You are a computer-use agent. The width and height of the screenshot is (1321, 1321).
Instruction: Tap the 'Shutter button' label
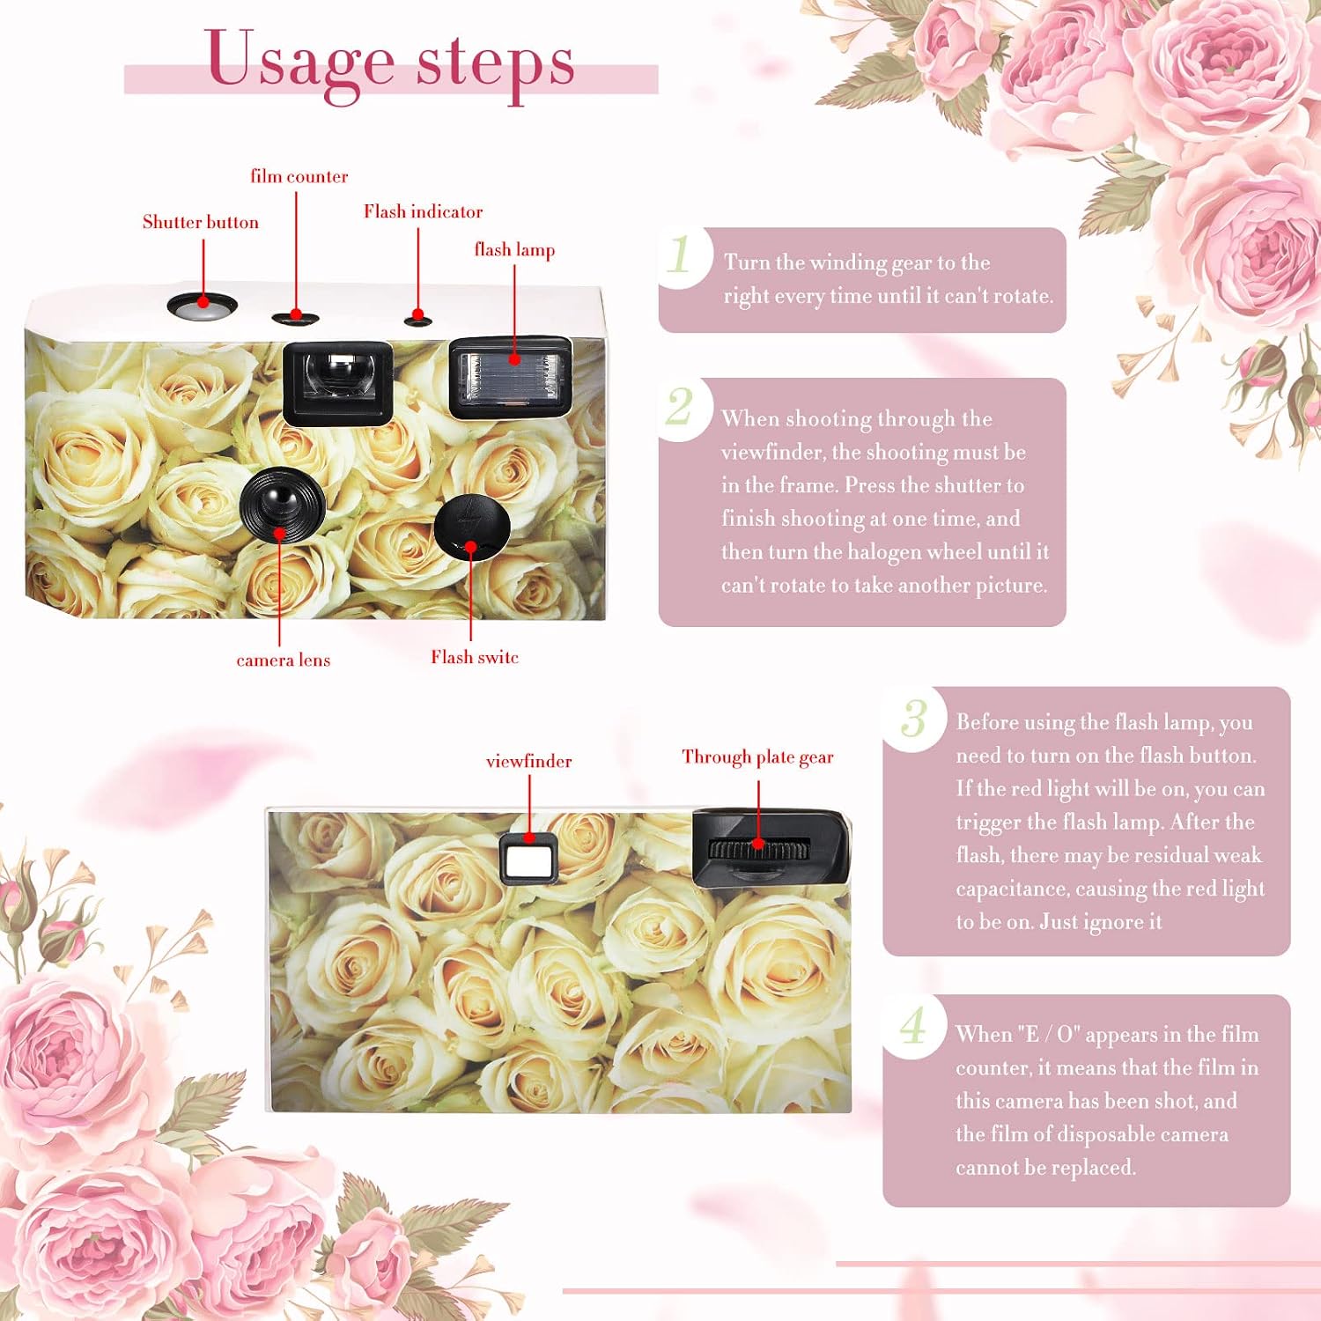click(x=201, y=222)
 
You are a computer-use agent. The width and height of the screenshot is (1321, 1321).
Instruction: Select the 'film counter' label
click(x=299, y=176)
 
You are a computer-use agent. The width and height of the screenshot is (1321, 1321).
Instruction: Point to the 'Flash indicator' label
click(x=424, y=211)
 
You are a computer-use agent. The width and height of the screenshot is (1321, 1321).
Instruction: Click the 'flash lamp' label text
click(x=514, y=250)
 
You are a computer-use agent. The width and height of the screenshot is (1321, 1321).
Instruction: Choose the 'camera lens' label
click(x=284, y=660)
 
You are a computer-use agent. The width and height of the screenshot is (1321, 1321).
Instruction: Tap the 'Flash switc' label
click(x=475, y=657)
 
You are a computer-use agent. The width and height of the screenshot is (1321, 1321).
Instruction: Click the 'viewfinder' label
click(x=528, y=761)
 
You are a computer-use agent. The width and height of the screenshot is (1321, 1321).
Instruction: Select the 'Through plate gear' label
click(x=757, y=757)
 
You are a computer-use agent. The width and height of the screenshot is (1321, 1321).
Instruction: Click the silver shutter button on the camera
click(x=203, y=305)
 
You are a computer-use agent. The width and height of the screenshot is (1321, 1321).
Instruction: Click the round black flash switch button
click(x=472, y=526)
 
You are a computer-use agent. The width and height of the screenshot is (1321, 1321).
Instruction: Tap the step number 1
click(x=679, y=255)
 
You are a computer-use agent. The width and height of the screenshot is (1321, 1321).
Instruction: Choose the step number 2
click(x=679, y=407)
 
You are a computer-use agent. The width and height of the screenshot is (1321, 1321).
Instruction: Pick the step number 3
click(x=914, y=718)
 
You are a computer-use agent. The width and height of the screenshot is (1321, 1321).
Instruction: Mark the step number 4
click(x=913, y=1025)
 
